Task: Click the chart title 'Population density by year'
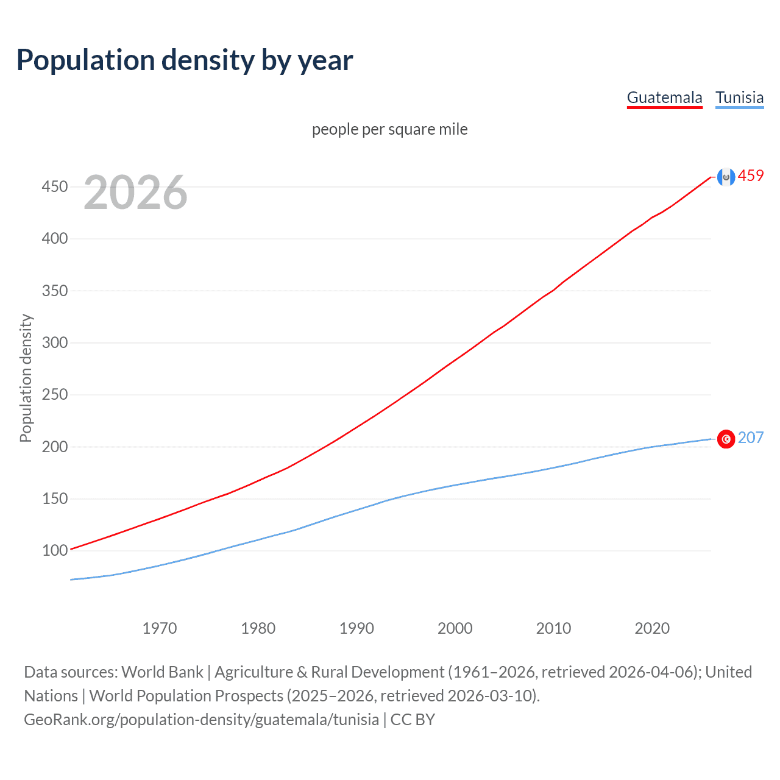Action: [185, 60]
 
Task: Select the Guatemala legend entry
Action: [664, 97]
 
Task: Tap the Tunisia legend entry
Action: [739, 97]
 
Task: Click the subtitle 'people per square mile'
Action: [389, 129]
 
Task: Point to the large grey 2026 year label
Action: [135, 193]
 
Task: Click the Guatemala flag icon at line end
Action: [726, 177]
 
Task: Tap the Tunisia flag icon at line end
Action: [726, 439]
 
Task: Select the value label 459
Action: [751, 176]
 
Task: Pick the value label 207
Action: [751, 438]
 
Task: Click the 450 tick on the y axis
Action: [55, 186]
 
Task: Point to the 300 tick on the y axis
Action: [55, 342]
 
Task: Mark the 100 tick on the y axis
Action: [55, 550]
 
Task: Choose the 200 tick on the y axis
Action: [55, 447]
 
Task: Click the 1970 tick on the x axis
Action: [160, 628]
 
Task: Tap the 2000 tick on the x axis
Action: [455, 628]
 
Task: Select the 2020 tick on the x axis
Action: [652, 628]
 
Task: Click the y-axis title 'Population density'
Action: [26, 378]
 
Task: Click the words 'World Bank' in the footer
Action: [162, 672]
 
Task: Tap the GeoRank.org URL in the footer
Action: [201, 720]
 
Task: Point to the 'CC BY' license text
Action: [413, 720]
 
